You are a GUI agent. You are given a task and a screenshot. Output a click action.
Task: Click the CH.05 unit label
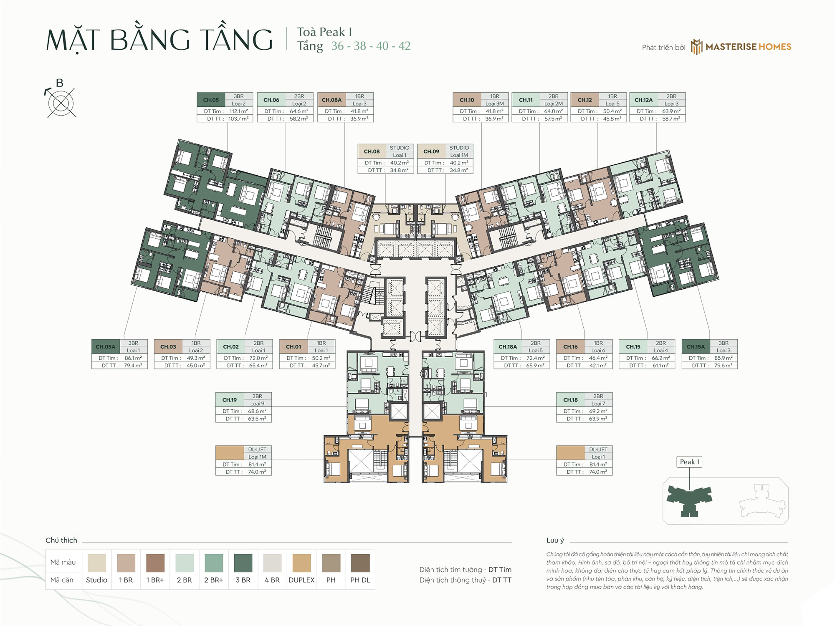[211, 100]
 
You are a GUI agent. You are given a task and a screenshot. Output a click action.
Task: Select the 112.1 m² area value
[238, 111]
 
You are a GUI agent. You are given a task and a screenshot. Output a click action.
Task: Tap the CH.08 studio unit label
[372, 151]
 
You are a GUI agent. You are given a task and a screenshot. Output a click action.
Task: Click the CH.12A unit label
[643, 100]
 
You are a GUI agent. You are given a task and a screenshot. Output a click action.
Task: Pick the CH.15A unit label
[696, 347]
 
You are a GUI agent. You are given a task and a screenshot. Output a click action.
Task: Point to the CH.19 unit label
[230, 400]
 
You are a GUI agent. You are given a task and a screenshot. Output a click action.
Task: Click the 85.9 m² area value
[723, 358]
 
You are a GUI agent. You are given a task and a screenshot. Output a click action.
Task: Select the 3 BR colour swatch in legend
[243, 563]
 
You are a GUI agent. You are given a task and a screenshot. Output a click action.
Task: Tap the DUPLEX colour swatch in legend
[301, 563]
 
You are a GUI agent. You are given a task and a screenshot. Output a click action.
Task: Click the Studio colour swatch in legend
[96, 563]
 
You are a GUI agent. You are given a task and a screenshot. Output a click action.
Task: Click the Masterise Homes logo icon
[696, 47]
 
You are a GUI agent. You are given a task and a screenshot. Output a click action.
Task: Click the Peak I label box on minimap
[689, 462]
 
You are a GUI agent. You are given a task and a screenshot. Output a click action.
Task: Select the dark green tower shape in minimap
[689, 499]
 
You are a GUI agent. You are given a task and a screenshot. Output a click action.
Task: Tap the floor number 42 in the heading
[404, 46]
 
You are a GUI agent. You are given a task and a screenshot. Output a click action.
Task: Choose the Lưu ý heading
[555, 540]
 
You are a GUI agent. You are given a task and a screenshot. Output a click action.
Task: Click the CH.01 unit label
[294, 347]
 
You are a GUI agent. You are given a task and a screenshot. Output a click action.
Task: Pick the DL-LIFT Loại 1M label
[257, 453]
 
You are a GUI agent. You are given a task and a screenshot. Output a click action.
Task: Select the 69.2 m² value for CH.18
[598, 411]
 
